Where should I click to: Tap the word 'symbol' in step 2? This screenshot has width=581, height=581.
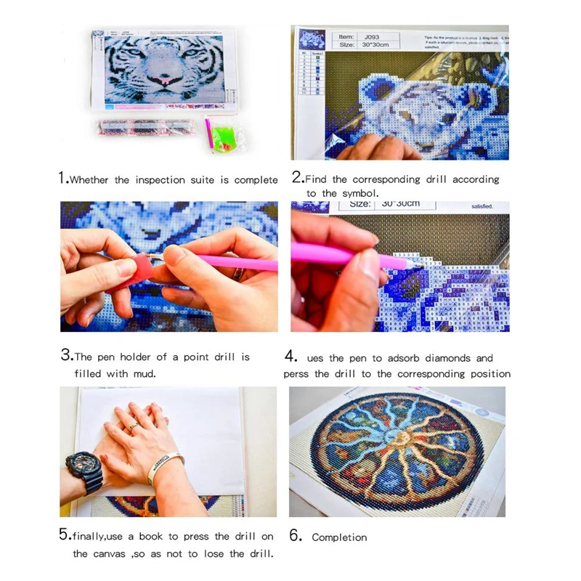pyautogui.click(x=360, y=193)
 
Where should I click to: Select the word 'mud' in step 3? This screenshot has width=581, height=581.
pyautogui.click(x=144, y=374)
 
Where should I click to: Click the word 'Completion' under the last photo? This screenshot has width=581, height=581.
pyautogui.click(x=339, y=537)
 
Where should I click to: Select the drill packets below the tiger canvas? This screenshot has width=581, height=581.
pyautogui.click(x=144, y=126)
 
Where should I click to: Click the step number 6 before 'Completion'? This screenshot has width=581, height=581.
pyautogui.click(x=295, y=537)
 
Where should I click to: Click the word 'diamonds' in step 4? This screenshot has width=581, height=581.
pyautogui.click(x=448, y=358)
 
